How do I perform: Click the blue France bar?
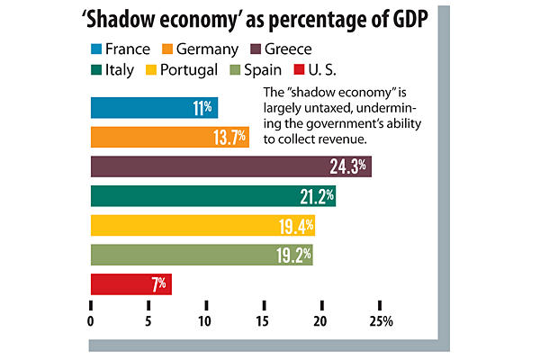[153, 108]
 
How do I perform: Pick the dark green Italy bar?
[211, 195]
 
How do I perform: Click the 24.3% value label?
[351, 167]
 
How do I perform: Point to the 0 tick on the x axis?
[91, 321]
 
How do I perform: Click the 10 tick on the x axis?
[206, 321]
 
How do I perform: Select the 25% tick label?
[382, 321]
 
